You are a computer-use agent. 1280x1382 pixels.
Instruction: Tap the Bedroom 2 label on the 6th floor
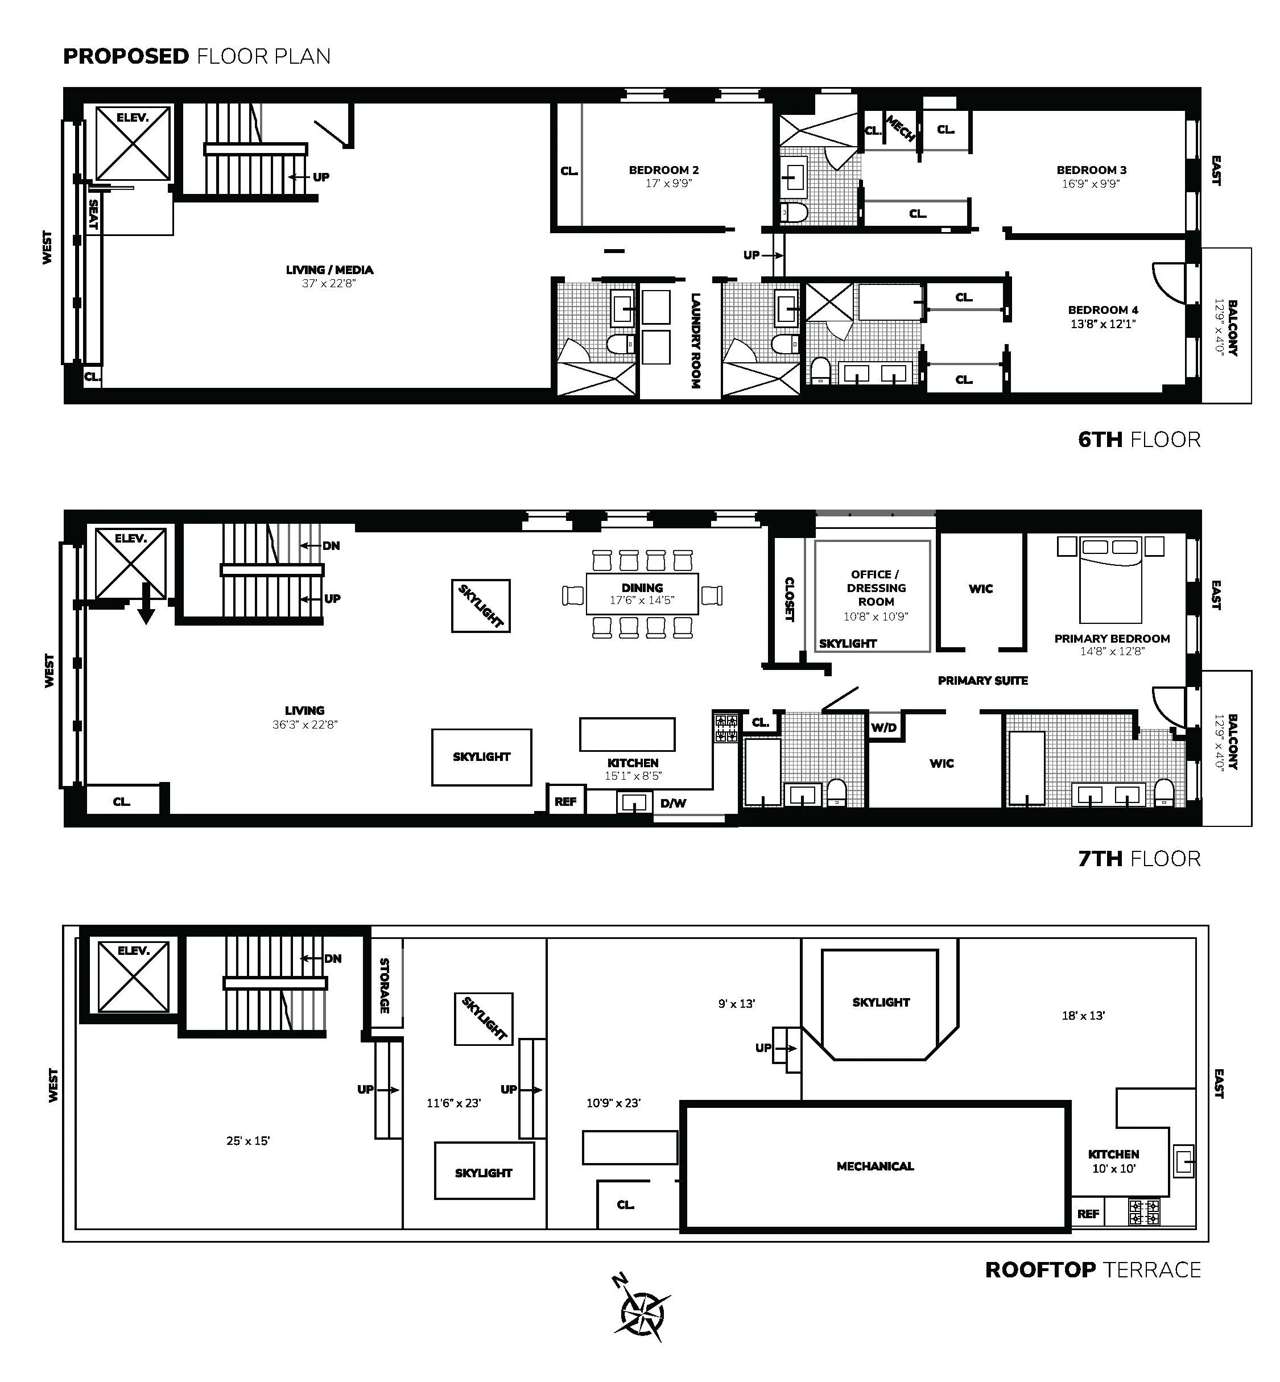click(x=663, y=170)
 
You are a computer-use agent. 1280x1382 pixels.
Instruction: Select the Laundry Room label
click(x=695, y=341)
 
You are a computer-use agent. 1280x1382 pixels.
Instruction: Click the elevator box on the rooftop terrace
click(x=133, y=976)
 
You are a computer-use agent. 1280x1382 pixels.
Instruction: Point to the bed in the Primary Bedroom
click(x=1110, y=580)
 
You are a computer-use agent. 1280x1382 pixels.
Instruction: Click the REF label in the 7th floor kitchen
click(x=565, y=802)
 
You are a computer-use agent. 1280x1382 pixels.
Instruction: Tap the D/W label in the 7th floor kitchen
click(x=672, y=803)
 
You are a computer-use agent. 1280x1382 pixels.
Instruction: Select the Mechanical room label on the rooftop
click(x=875, y=1166)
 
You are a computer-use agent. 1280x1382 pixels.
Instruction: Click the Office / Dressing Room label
click(x=875, y=588)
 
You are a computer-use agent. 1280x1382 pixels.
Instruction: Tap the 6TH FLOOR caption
click(x=1139, y=440)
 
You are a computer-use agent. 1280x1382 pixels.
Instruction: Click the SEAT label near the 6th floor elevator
click(x=93, y=214)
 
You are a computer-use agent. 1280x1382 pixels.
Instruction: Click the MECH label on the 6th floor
click(x=901, y=129)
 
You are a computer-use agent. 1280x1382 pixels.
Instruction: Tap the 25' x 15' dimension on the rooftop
click(x=247, y=1140)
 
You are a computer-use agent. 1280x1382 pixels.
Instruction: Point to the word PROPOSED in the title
click(x=126, y=56)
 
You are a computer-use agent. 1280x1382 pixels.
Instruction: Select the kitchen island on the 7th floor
click(x=627, y=734)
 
